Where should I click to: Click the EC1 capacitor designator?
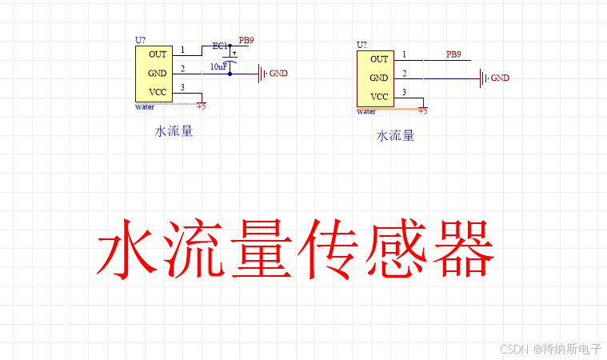220,46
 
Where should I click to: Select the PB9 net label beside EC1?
246,41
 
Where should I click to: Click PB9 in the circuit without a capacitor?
453,54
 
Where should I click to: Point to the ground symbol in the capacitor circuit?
262,74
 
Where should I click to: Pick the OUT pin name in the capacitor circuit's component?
158,54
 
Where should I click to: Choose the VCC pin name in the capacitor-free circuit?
379,97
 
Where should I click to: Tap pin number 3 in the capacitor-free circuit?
404,93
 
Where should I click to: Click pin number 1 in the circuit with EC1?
182,50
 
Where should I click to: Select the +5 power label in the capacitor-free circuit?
422,111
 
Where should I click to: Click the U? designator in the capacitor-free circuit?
362,45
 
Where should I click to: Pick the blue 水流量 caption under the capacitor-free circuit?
395,136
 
